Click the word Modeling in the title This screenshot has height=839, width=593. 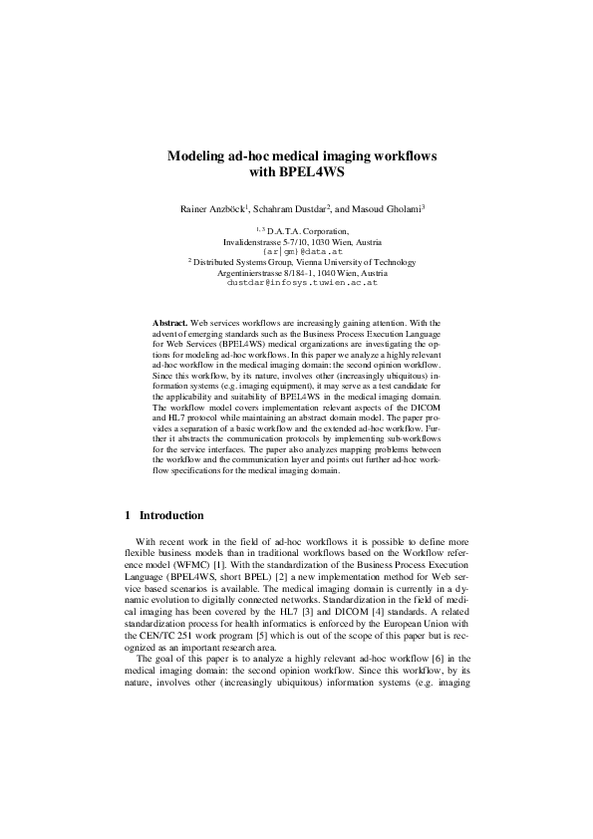(x=197, y=156)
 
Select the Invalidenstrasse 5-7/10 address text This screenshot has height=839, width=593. (x=263, y=241)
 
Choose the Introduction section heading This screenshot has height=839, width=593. (x=171, y=515)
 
